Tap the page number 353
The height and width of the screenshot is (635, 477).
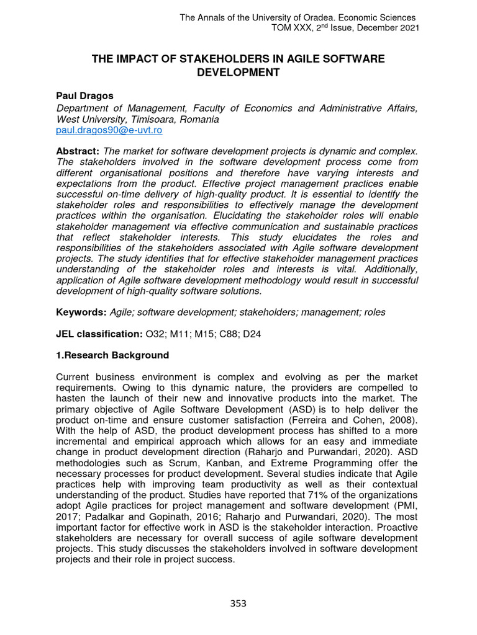(x=238, y=603)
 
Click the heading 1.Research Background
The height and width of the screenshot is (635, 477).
(x=112, y=355)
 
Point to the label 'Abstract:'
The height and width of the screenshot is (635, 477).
(x=78, y=152)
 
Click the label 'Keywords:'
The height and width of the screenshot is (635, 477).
(x=81, y=313)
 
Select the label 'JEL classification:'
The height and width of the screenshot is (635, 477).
(x=99, y=334)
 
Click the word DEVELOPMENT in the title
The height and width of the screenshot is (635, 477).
(x=238, y=73)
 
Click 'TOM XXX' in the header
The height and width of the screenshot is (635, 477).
(x=293, y=29)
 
